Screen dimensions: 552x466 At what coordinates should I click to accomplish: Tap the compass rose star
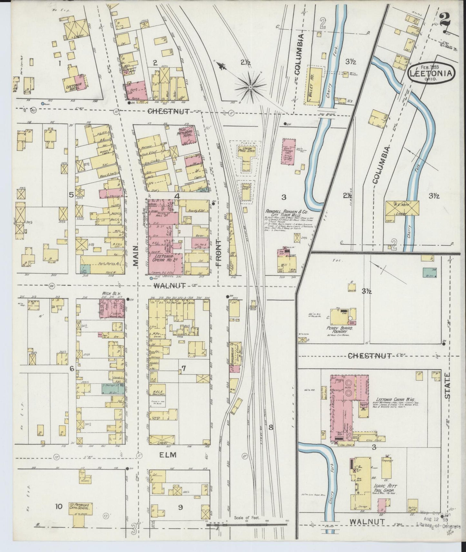[250, 87]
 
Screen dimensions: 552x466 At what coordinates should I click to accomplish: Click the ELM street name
[168, 455]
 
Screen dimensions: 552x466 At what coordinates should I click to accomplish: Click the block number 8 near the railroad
[271, 428]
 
